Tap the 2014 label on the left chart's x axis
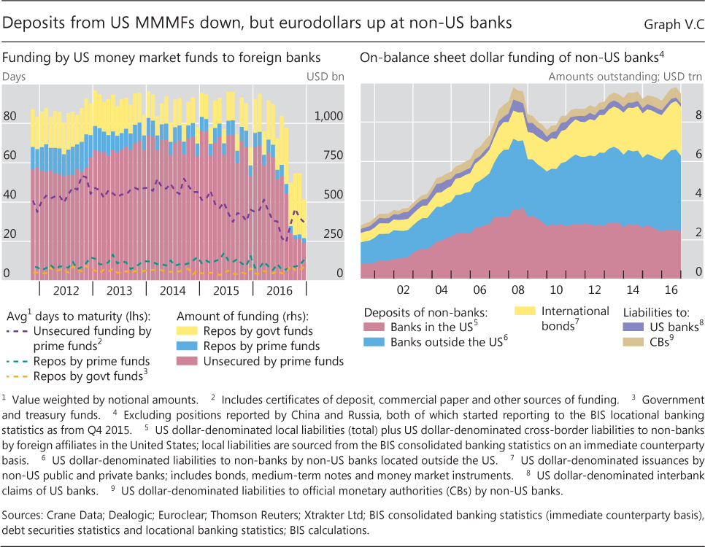(x=172, y=290)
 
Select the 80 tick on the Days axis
(x=11, y=117)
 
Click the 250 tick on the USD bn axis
(x=334, y=234)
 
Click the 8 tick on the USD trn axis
(x=698, y=115)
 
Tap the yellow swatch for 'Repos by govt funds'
(x=187, y=331)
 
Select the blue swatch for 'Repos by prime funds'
(x=187, y=346)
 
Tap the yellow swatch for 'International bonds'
(x=522, y=311)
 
